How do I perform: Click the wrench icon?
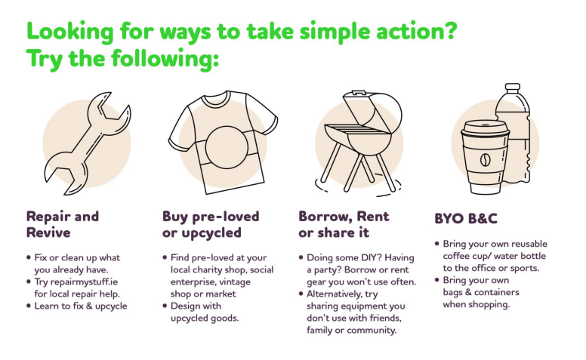coord(87,144)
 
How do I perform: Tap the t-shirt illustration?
coord(223,142)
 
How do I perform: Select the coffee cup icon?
coord(485,157)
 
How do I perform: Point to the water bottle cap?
coord(513,88)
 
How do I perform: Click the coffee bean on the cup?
coord(485,160)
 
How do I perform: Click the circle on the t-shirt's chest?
coord(227,147)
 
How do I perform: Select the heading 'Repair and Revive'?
coord(63,224)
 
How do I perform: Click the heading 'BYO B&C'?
coord(466,218)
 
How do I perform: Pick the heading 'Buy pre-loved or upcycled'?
coord(211,224)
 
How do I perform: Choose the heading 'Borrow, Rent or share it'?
coord(344,224)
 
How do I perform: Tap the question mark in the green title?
coord(451,31)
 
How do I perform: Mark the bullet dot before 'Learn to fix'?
coord(29,306)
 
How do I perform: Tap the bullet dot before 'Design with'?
coord(165,306)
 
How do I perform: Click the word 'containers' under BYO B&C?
coord(497,292)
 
